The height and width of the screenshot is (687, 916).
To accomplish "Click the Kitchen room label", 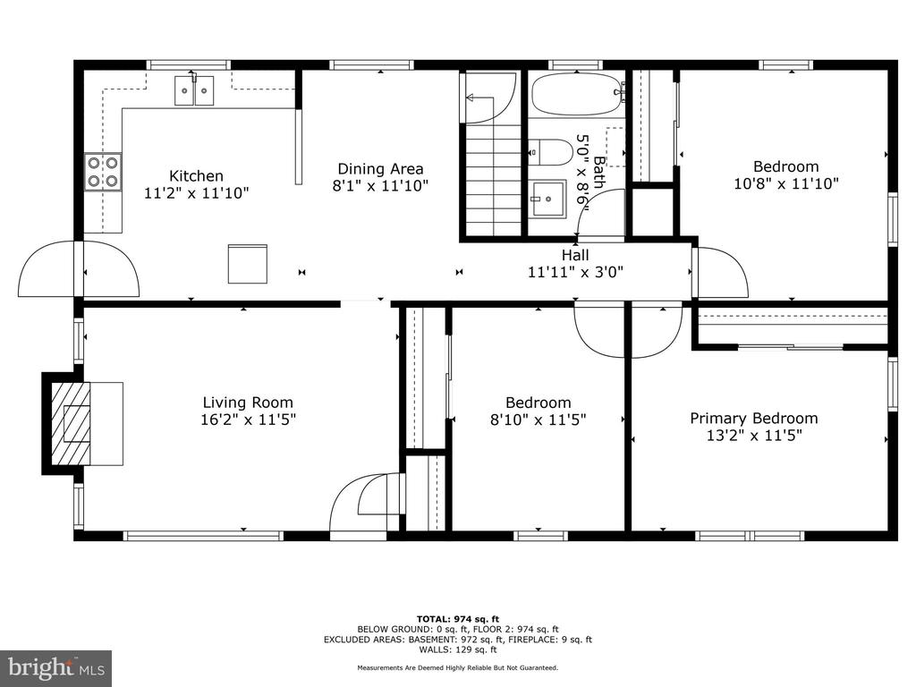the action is click(196, 176).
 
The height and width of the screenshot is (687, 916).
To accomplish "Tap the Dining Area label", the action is click(380, 169).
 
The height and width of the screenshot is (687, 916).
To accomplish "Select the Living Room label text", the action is click(248, 403).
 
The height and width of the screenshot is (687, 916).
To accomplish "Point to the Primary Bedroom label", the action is click(753, 419).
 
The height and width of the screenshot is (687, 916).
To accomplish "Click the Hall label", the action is click(575, 255).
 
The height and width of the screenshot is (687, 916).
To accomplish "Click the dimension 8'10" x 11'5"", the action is click(538, 420).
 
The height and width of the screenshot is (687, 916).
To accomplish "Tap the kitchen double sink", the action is click(194, 90).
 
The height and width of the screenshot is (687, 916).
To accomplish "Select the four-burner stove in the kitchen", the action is click(104, 172).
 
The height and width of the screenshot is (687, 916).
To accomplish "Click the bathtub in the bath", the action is click(577, 94).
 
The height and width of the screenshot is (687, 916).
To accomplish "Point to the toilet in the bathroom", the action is click(552, 152).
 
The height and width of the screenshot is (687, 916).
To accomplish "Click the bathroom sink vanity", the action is click(548, 199).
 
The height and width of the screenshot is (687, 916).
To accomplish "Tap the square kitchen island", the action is click(247, 264).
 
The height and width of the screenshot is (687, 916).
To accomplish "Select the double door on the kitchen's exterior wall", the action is click(79, 268).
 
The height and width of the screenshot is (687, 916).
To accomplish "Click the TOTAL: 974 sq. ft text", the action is click(457, 619).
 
